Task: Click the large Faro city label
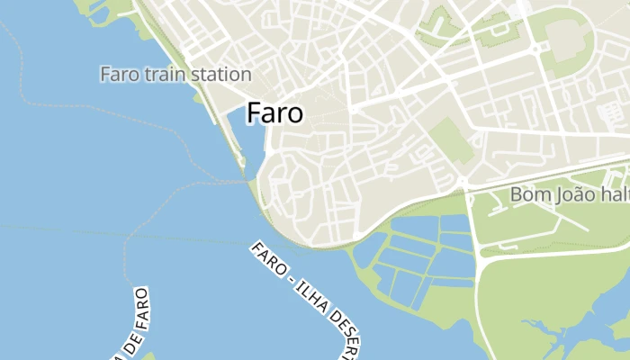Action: coord(274,113)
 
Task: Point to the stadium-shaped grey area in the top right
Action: coord(564,40)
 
